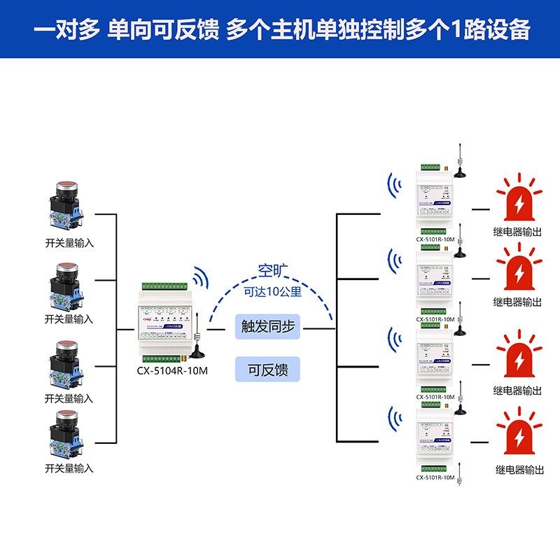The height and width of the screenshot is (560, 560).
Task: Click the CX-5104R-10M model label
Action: [172, 371]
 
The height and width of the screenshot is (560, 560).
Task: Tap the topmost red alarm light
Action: [519, 200]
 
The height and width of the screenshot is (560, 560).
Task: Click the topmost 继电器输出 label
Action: [517, 232]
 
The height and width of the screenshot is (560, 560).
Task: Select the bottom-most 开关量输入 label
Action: [69, 468]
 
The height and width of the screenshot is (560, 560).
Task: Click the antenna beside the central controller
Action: [198, 342]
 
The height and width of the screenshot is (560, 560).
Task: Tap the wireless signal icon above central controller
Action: [201, 277]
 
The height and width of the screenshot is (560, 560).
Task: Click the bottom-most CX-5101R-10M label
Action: [435, 478]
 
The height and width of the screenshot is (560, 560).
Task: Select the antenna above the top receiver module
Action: [459, 161]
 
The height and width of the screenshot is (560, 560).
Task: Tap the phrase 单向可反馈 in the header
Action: [164, 30]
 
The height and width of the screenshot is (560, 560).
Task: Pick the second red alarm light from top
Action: [519, 270]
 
